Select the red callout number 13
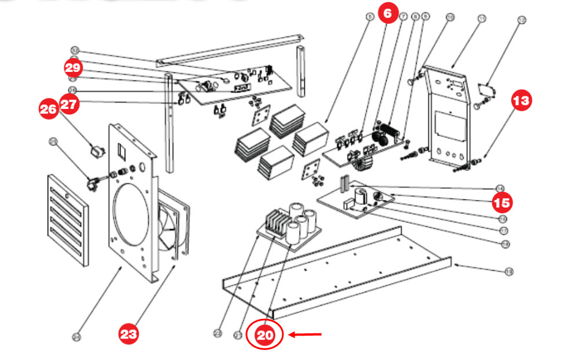click(x=522, y=100)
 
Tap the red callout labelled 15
click(x=503, y=203)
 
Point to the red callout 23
click(x=129, y=334)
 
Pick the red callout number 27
click(x=69, y=104)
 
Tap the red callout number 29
click(x=74, y=67)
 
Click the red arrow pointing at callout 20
click(x=305, y=334)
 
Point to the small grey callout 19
click(x=509, y=271)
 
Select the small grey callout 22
click(x=218, y=333)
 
